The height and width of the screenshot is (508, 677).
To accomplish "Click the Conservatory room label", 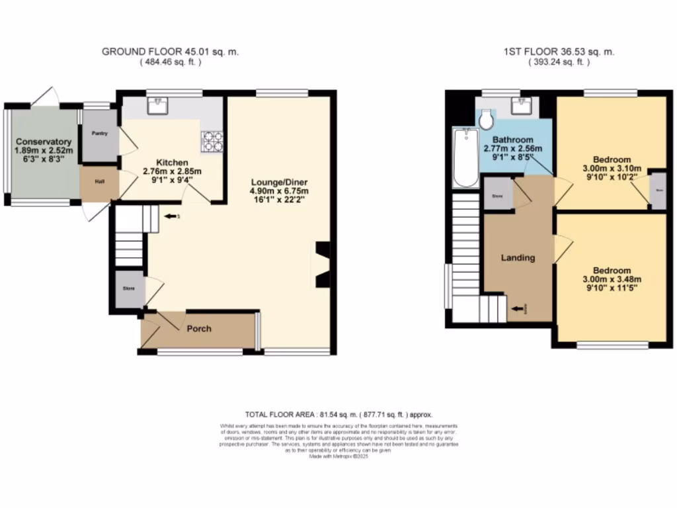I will (44, 142).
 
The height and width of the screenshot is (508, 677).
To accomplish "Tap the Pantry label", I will (99, 134).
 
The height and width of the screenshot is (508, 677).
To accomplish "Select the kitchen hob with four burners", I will (212, 139).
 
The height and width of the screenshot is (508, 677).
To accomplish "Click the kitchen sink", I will (159, 105).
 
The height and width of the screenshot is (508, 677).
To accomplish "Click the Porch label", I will (198, 329).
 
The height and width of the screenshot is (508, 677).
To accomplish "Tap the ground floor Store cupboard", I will (128, 289).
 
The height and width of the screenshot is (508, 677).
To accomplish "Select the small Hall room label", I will (99, 183).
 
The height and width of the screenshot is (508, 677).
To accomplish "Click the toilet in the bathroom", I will (487, 119).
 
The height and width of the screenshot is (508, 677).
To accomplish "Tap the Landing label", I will (518, 258).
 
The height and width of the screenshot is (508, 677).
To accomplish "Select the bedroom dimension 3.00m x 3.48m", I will (612, 279).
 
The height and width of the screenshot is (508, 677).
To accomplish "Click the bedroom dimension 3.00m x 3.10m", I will (612, 169).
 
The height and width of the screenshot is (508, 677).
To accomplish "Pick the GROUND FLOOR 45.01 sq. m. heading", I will (170, 52).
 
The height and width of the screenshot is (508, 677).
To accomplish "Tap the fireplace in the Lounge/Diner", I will (322, 265).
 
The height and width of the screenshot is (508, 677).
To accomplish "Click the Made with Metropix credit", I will (338, 456).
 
